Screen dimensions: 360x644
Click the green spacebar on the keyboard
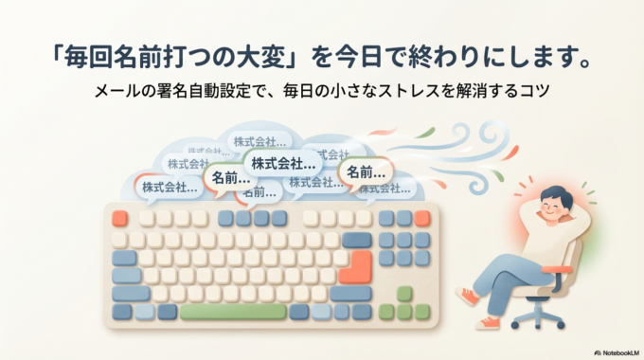pos(233,312)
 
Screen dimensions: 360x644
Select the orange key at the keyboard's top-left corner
pos(119,218)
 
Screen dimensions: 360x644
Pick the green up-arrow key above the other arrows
pos(404,294)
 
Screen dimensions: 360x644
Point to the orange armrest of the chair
pos(557,270)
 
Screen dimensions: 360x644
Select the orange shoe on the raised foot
pos(467,296)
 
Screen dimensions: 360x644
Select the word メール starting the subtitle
pos(115,94)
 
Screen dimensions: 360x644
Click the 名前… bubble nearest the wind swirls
pos(366,171)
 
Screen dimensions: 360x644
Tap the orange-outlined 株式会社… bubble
pos(170,187)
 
